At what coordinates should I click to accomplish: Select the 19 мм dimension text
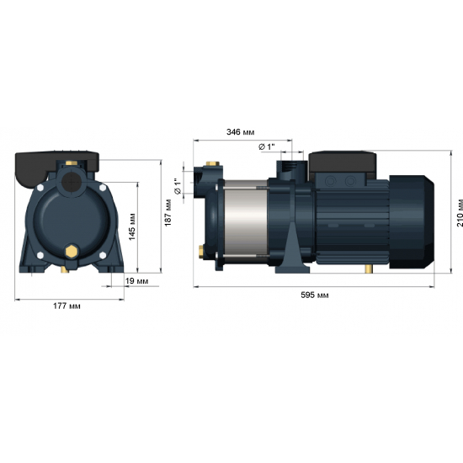137,280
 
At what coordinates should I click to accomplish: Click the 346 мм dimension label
241,132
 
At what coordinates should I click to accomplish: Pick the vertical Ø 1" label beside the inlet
177,187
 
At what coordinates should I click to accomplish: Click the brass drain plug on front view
72,251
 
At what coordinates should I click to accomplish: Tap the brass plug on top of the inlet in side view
210,165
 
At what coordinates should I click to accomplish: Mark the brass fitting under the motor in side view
368,269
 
